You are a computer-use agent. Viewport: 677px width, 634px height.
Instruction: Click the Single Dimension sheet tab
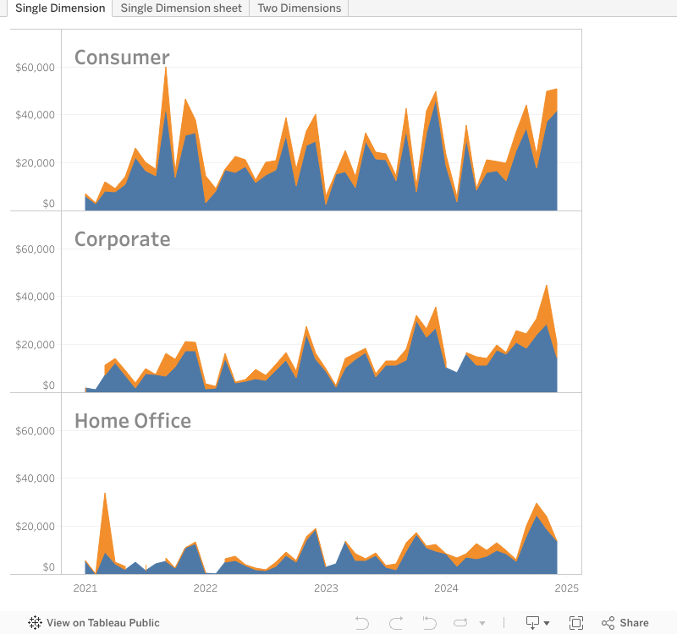[x=181, y=8]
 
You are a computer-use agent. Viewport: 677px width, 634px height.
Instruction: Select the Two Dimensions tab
[x=299, y=8]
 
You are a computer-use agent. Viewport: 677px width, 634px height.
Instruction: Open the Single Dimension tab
[x=60, y=8]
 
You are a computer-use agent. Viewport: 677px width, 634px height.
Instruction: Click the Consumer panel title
[x=122, y=57]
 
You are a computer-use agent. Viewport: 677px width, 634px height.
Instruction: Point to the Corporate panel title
[x=122, y=239]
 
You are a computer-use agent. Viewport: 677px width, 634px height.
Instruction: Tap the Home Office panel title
[x=133, y=421]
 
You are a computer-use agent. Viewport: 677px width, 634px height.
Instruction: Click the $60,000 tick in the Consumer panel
[x=36, y=68]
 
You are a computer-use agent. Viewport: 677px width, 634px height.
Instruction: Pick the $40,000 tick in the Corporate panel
[x=36, y=297]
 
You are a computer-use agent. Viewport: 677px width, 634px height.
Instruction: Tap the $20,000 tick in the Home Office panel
[x=36, y=527]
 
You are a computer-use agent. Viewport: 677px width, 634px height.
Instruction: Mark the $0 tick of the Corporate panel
[x=47, y=385]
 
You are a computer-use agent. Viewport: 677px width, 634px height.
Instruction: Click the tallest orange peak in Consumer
[x=166, y=69]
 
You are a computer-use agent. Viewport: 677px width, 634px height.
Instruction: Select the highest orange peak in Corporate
[x=547, y=288]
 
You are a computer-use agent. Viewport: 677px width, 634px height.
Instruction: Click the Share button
[x=625, y=623]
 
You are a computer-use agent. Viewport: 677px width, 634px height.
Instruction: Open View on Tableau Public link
[x=94, y=623]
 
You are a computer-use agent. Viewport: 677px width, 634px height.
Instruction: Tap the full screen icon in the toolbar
[x=576, y=623]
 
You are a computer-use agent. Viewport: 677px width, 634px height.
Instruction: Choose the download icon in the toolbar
[x=537, y=623]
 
